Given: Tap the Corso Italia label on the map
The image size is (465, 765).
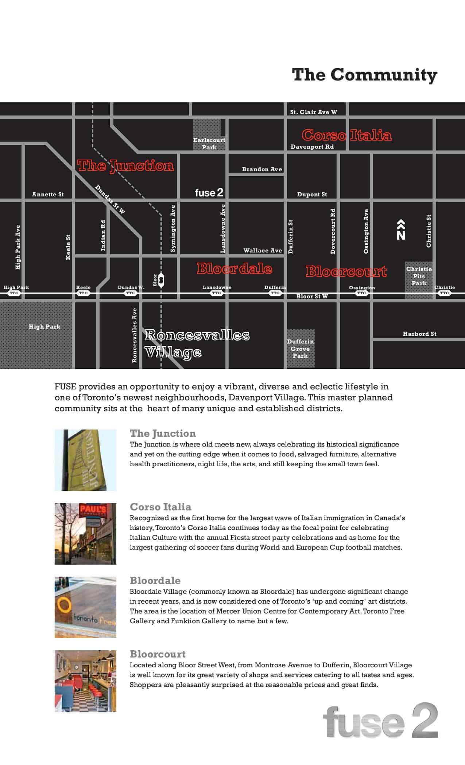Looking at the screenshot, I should (346, 135).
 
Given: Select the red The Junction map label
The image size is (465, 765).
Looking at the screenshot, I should (125, 166).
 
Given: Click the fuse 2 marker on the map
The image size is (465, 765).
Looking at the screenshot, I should (209, 192).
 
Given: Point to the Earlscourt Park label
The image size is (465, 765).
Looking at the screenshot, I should (209, 144).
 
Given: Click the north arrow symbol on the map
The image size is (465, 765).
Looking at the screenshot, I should (401, 230).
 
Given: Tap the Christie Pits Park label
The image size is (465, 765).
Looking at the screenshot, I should (419, 276).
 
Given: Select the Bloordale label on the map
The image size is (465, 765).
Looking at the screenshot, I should (234, 269).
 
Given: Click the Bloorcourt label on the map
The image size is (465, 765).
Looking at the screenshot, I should (346, 271).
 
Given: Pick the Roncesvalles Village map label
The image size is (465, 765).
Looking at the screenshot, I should (197, 344).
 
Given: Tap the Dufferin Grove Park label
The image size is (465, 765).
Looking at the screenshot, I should (300, 349).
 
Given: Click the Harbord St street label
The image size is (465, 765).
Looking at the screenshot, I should (419, 334).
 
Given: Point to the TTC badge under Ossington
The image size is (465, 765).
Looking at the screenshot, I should (361, 293).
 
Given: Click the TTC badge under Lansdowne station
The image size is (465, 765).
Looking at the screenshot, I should (217, 293).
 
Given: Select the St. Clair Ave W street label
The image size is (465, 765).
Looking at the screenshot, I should (314, 112).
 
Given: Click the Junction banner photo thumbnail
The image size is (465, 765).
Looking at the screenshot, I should (85, 460).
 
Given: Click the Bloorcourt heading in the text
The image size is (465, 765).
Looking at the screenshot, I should (158, 654).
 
